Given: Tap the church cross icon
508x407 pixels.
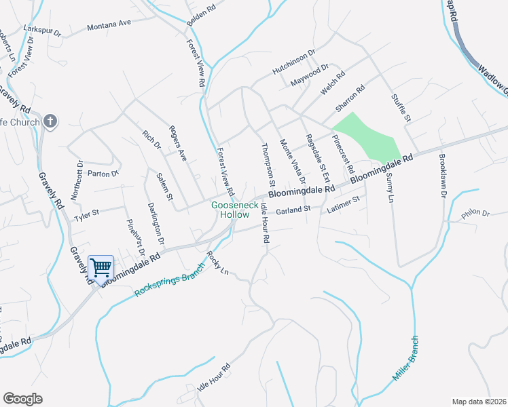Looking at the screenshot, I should click(49, 121).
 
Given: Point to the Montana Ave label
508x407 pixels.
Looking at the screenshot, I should click(109, 25).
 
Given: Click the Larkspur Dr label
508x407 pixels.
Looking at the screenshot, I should click(42, 31).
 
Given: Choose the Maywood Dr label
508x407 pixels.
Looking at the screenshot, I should click(309, 75).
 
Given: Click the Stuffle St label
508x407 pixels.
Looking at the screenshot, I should click(401, 109).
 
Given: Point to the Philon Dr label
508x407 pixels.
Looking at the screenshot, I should click(475, 214).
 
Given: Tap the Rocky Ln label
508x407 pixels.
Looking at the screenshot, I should click(216, 263).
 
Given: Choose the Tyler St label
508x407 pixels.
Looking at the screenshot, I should click(87, 216).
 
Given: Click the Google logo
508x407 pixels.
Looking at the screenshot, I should click(22, 399).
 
